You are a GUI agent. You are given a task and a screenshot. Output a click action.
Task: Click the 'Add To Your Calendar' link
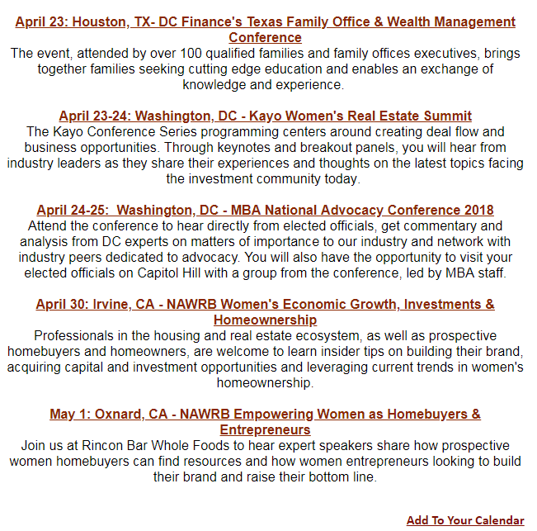point(464,520)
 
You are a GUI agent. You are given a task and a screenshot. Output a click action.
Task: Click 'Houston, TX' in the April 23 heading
point(114,22)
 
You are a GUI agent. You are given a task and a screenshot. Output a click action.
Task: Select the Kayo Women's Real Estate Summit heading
point(265,116)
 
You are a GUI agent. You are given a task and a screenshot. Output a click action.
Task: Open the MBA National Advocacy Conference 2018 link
point(265,210)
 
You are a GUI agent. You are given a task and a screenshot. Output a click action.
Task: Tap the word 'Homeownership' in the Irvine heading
point(265,320)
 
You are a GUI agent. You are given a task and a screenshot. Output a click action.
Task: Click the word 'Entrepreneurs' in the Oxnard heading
point(265,429)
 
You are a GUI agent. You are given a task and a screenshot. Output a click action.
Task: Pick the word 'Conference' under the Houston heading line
point(265,38)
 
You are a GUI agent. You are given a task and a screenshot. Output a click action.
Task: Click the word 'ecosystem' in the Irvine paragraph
point(290,335)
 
